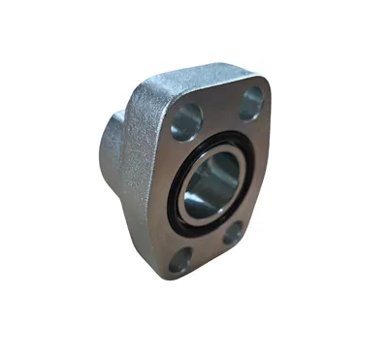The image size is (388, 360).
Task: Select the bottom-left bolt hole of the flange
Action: coord(180,260)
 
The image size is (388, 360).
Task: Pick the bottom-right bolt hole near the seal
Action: coord(234,233)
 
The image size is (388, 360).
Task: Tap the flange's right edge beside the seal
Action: coord(260,175)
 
